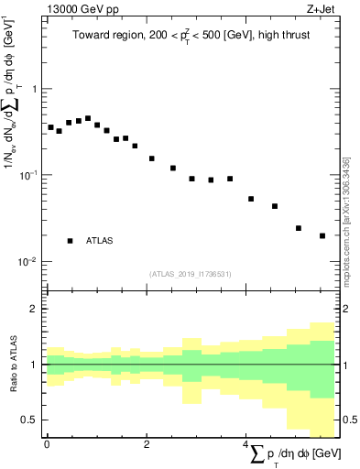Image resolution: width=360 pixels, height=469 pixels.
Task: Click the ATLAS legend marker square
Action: [x=70, y=240]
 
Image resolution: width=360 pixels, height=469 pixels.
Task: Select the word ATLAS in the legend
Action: [x=100, y=241]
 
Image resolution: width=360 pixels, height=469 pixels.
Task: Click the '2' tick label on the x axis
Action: [x=147, y=444]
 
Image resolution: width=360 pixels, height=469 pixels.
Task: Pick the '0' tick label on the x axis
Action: [x=47, y=444]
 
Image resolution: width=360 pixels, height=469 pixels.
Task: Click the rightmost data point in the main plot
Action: [x=322, y=235]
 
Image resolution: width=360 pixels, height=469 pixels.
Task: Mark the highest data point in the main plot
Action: [x=88, y=118]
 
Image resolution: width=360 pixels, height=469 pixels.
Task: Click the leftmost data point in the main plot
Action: [x=50, y=127]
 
